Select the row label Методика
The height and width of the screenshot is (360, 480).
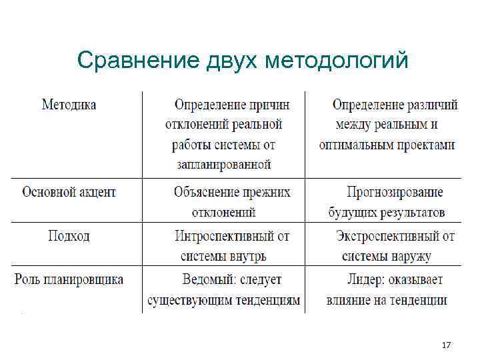click(x=69, y=105)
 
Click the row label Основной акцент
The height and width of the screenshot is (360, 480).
click(x=69, y=192)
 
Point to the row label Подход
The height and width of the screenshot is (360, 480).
click(x=69, y=235)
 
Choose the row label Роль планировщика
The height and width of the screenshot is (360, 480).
click(x=69, y=279)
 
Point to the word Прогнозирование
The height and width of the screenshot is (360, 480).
click(x=395, y=193)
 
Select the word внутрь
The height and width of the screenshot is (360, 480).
click(x=251, y=256)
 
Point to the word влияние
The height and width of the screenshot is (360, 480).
click(x=349, y=300)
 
